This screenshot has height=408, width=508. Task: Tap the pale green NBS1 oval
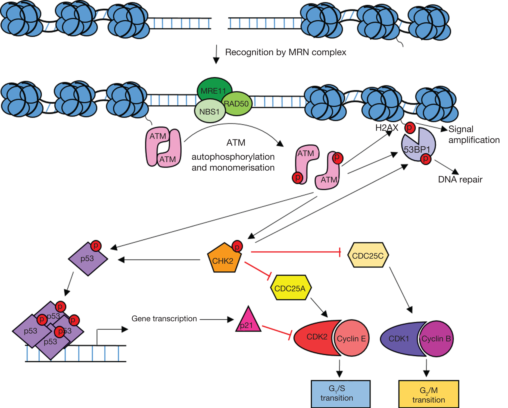[209, 112]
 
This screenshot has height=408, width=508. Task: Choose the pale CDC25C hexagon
[368, 255]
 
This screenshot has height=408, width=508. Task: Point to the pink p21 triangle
[248, 322]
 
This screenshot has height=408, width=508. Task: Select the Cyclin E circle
[351, 338]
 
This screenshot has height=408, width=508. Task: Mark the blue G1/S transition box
[340, 394]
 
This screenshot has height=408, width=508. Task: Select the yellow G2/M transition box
[429, 394]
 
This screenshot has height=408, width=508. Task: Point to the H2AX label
[387, 128]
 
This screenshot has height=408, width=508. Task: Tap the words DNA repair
[460, 179]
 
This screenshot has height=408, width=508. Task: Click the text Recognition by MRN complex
[285, 52]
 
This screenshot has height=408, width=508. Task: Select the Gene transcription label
[164, 319]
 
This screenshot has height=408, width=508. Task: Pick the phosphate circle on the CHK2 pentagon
[237, 246]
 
